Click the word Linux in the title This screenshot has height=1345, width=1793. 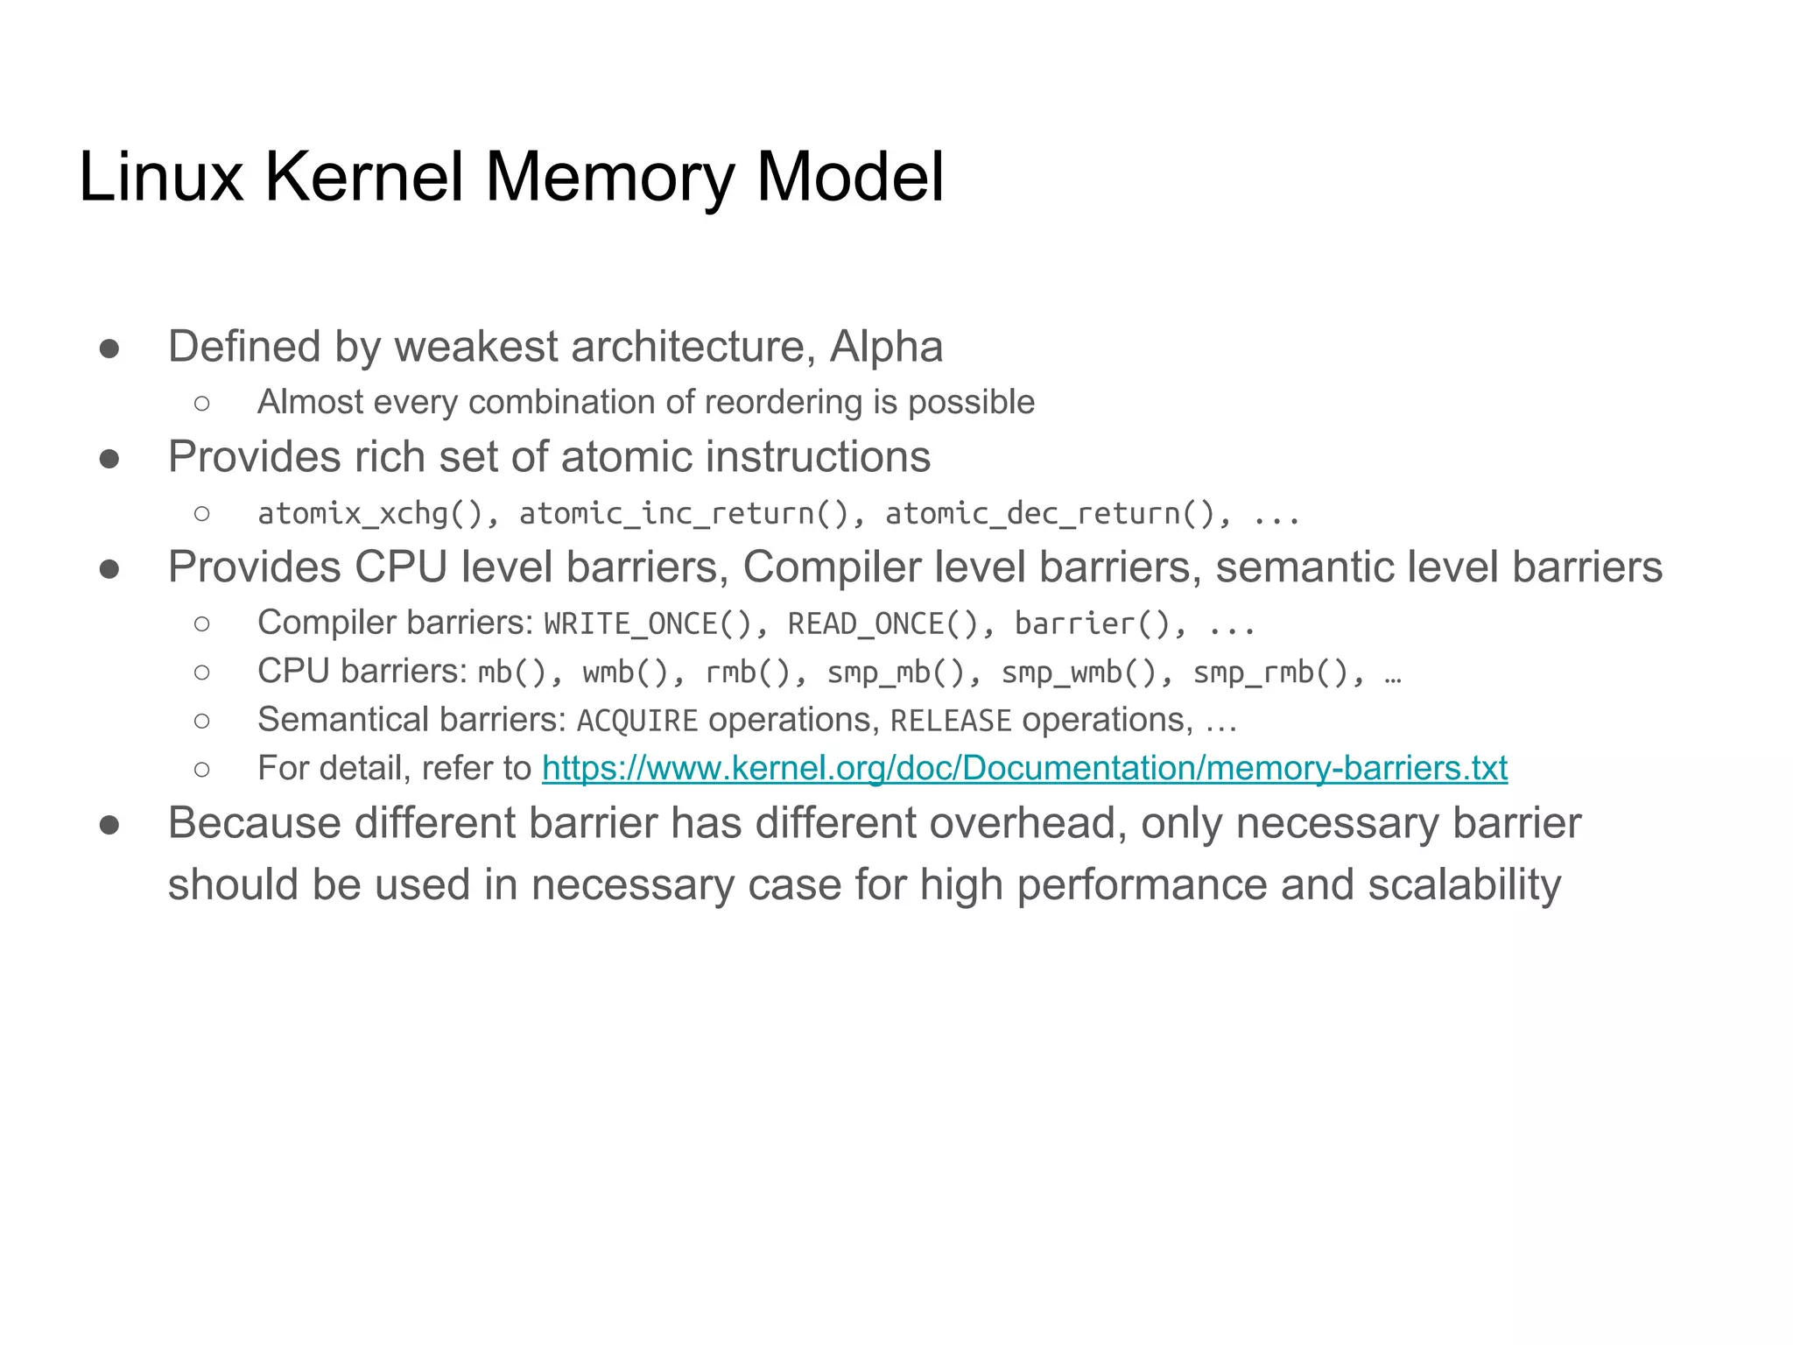coord(160,177)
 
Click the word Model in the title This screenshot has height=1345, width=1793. coord(849,177)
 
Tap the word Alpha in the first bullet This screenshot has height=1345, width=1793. coord(886,347)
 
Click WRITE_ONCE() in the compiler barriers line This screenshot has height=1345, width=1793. coord(648,624)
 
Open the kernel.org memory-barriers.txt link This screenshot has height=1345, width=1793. coord(1024,769)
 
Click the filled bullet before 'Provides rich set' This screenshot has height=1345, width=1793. coord(109,459)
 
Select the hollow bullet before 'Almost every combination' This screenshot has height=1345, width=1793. coord(202,404)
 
